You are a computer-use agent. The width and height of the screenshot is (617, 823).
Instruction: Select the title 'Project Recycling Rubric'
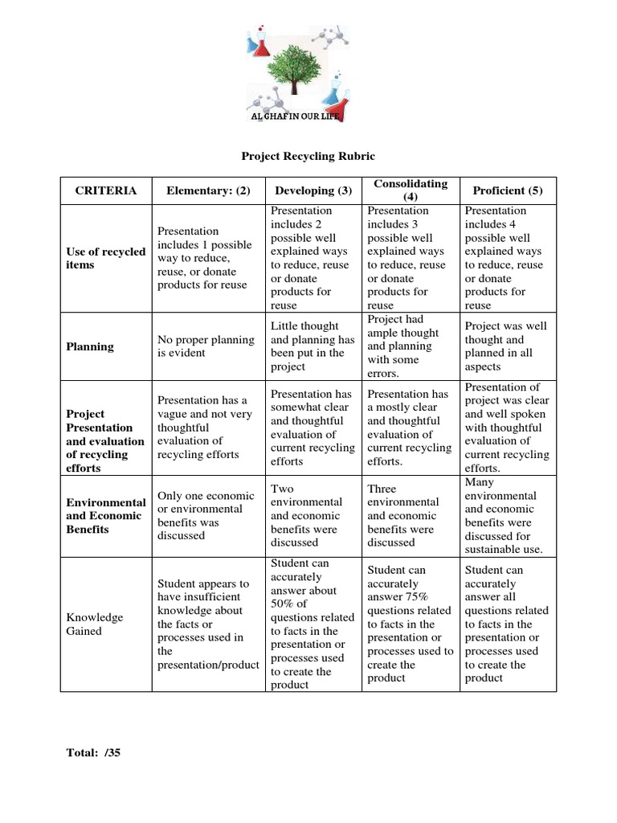pos(308,156)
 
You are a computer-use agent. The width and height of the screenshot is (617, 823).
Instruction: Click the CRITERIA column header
pos(105,190)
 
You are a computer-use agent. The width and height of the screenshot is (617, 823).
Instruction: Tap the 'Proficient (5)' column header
pos(508,190)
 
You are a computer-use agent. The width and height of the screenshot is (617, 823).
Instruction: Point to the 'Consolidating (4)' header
pos(411,190)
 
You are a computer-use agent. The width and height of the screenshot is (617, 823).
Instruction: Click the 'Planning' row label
pos(89,346)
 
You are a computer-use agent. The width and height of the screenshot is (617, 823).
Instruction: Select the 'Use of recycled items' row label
pos(105,258)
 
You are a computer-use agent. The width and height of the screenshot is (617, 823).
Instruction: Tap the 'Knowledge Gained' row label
pos(95,624)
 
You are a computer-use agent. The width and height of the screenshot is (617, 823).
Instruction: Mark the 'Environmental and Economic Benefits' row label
pos(105,516)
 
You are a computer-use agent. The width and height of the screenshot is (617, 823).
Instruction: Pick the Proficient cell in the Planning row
pos(506,346)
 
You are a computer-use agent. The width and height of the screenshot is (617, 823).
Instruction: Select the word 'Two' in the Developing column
pos(283,489)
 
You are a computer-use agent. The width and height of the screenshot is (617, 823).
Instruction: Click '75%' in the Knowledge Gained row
pos(417,597)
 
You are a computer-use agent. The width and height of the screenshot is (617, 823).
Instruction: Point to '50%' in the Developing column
pos(284,604)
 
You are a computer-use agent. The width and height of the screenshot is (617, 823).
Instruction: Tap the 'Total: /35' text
pos(93,753)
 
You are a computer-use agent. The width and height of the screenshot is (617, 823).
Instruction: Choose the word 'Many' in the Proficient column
pos(480,482)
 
